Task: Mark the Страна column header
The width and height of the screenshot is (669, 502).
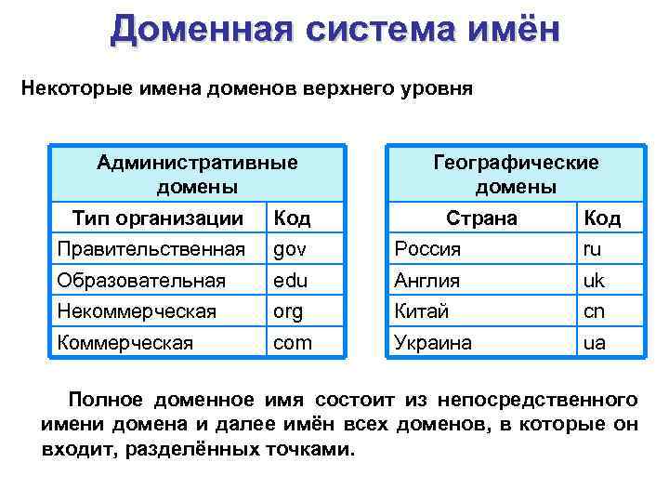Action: click(481, 218)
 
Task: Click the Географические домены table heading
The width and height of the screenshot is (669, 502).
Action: click(516, 174)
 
